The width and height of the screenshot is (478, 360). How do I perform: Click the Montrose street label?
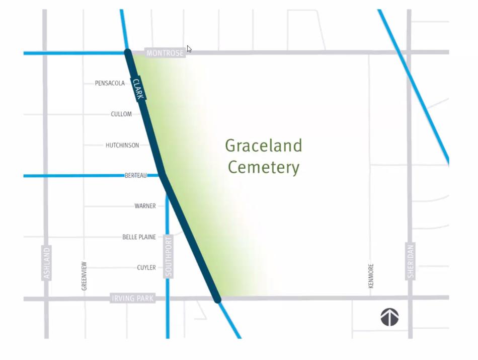tap(165, 53)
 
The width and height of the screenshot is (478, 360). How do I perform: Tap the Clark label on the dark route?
tap(138, 89)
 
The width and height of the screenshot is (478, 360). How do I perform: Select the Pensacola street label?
tap(110, 83)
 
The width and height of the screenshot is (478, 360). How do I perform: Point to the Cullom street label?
tap(121, 114)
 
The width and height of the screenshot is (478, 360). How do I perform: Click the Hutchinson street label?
tap(122, 146)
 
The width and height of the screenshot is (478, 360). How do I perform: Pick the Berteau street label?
tap(136, 176)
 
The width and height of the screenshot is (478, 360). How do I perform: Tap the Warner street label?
tap(145, 206)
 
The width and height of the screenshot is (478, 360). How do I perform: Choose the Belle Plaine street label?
tap(139, 237)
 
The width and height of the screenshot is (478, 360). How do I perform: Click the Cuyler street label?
tap(146, 268)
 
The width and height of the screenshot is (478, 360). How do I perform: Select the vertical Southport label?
tap(168, 256)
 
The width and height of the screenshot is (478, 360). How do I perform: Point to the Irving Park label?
tap(132, 299)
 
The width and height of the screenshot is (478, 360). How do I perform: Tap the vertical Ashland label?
tap(47, 263)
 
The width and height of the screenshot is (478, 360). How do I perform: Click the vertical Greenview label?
tap(84, 276)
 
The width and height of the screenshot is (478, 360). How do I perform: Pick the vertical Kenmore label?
tap(371, 276)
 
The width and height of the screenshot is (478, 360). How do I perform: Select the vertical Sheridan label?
tap(410, 261)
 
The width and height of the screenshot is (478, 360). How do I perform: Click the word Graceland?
tap(263, 146)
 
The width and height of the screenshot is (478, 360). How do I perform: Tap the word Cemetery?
tap(263, 167)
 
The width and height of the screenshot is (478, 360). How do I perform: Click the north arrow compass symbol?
tap(389, 317)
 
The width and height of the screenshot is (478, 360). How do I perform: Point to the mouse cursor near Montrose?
tap(189, 49)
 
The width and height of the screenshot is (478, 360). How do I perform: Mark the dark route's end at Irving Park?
tap(217, 300)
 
